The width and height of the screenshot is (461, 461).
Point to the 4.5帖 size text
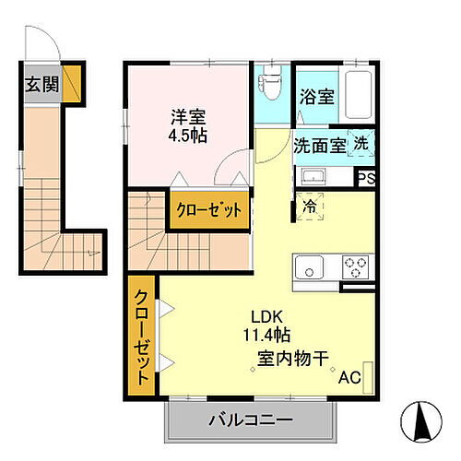tap(187, 136)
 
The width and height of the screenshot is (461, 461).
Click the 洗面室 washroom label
tap(319, 145)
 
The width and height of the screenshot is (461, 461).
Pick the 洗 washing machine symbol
tap(362, 144)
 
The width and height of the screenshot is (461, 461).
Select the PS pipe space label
tap(366, 180)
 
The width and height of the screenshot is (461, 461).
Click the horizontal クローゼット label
tap(209, 210)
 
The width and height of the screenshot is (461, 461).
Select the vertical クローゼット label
tap(143, 337)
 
